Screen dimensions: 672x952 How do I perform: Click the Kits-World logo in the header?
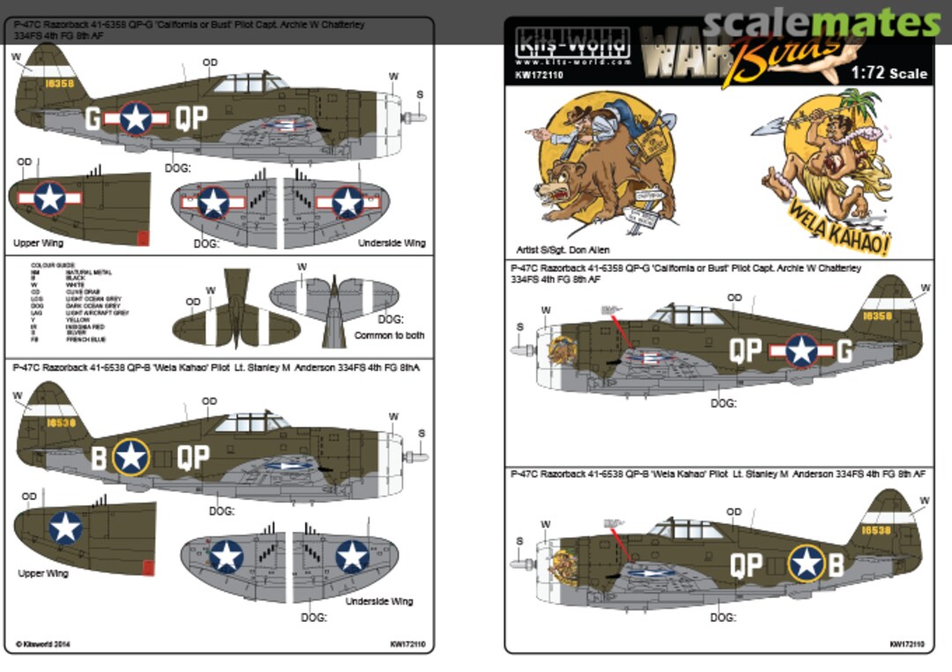coord(572,44)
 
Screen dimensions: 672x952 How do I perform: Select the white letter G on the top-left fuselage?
coord(93,119)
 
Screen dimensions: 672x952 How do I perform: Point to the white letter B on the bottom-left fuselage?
coord(100,458)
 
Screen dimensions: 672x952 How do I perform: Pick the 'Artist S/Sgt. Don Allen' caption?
coord(564,250)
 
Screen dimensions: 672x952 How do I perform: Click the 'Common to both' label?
coord(389,335)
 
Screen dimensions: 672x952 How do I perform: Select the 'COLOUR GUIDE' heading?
coord(48,265)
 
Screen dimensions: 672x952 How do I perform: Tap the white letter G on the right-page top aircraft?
coord(844,351)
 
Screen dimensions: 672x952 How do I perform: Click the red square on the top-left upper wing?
coord(144,237)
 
